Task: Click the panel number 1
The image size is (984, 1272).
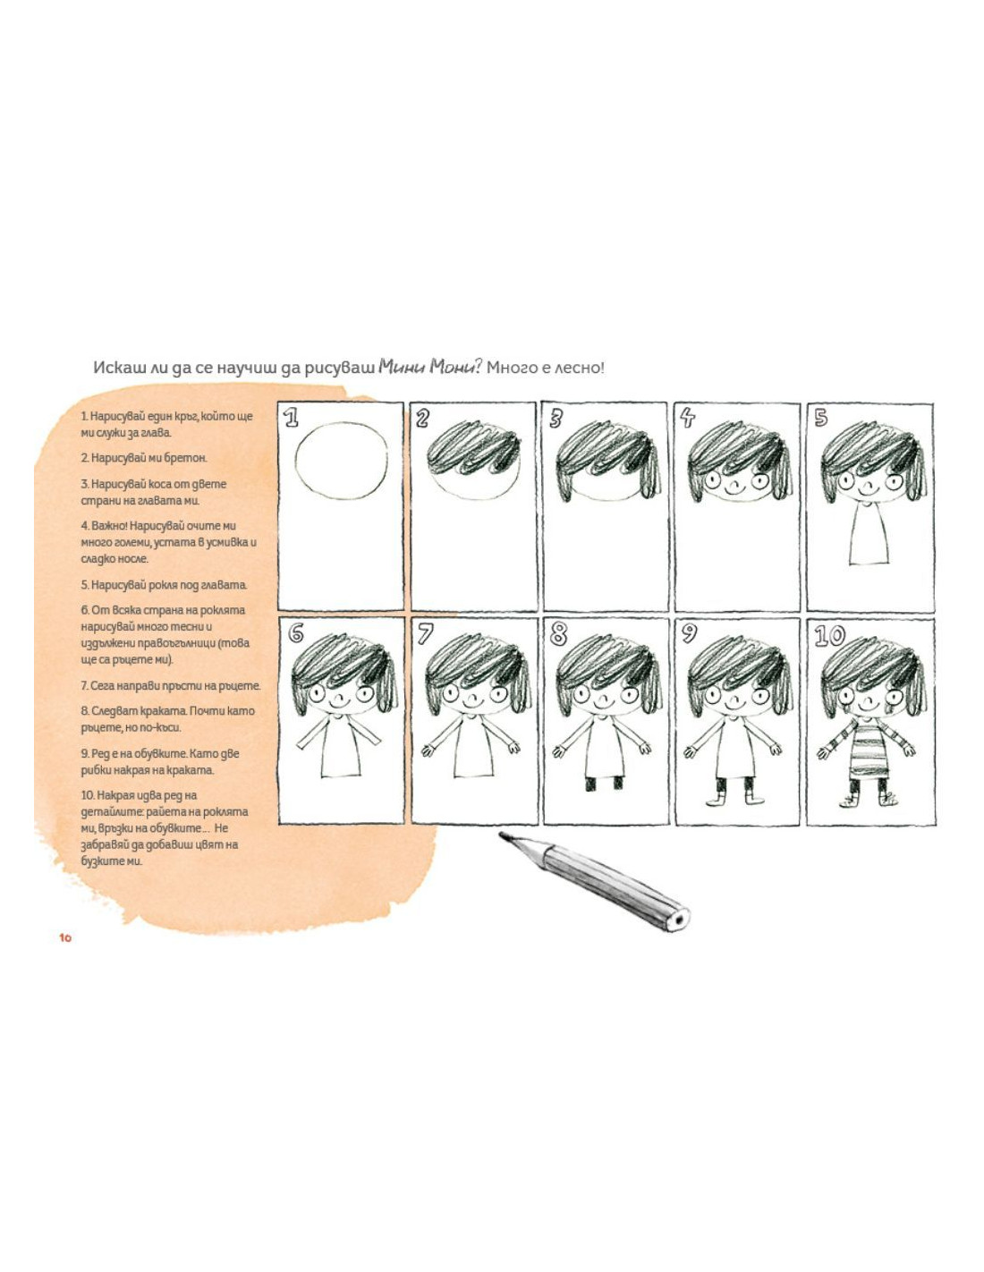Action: [291, 418]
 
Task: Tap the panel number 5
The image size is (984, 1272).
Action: [821, 418]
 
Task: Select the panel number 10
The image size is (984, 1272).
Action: [829, 636]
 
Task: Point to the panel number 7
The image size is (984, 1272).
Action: [425, 635]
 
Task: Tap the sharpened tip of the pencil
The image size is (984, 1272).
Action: [502, 835]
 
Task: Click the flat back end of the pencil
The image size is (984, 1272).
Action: [679, 920]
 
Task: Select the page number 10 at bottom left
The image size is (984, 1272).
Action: [65, 937]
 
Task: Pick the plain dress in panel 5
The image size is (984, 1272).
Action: [869, 534]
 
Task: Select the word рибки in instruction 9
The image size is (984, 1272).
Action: [94, 770]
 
